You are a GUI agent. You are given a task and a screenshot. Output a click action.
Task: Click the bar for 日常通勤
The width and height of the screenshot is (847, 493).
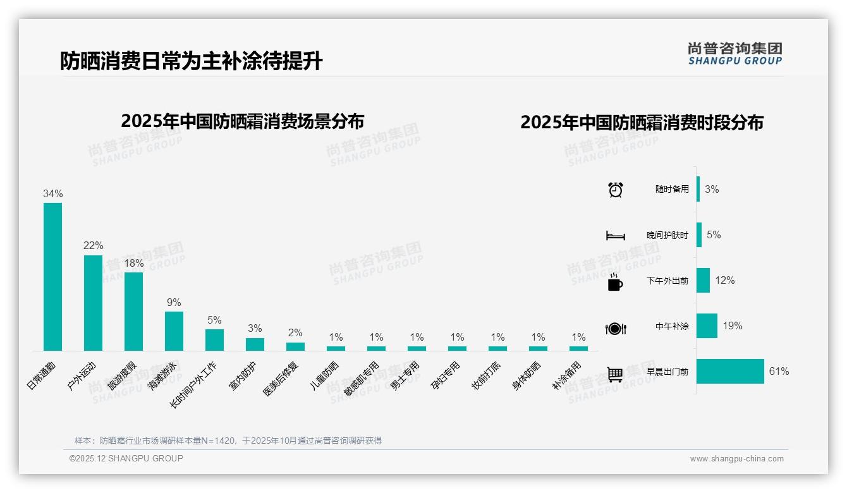tap(52, 276)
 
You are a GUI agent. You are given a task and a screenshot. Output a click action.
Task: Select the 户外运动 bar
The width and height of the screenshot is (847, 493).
tap(93, 303)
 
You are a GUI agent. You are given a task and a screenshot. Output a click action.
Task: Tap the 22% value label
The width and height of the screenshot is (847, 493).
tap(93, 246)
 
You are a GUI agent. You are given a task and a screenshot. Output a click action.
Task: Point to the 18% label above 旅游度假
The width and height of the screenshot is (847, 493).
tap(133, 263)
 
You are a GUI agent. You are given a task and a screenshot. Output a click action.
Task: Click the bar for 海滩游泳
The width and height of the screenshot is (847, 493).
tap(174, 331)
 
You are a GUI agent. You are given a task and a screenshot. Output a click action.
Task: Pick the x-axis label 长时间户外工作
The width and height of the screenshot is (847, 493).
tap(195, 384)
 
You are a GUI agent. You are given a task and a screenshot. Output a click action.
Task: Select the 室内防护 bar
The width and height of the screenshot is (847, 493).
tap(255, 344)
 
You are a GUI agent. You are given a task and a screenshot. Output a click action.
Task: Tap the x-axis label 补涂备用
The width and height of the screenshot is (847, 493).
tap(566, 375)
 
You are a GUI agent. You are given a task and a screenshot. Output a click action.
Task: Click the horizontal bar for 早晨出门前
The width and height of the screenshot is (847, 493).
tap(730, 372)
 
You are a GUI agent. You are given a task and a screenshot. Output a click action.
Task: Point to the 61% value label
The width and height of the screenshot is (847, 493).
tap(779, 372)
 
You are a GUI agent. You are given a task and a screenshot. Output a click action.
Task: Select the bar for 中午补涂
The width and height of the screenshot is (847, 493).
tap(707, 326)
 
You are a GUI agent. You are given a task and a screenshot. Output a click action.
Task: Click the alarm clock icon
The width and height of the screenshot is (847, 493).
tap(616, 190)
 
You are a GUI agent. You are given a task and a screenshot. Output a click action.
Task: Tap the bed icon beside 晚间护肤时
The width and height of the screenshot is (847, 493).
tap(616, 236)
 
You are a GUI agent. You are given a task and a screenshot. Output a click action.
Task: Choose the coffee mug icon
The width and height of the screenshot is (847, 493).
tap(615, 282)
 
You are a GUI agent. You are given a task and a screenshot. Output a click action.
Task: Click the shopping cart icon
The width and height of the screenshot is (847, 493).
tap(615, 374)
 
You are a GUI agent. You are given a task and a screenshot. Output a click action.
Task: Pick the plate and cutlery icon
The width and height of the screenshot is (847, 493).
tap(616, 328)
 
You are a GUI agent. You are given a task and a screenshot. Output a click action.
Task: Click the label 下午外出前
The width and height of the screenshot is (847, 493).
tap(667, 281)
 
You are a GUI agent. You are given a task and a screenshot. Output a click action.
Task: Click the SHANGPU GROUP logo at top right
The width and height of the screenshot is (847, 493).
tap(735, 53)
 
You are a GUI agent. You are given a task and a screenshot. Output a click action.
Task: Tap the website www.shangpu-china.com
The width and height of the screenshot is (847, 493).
tap(736, 459)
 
